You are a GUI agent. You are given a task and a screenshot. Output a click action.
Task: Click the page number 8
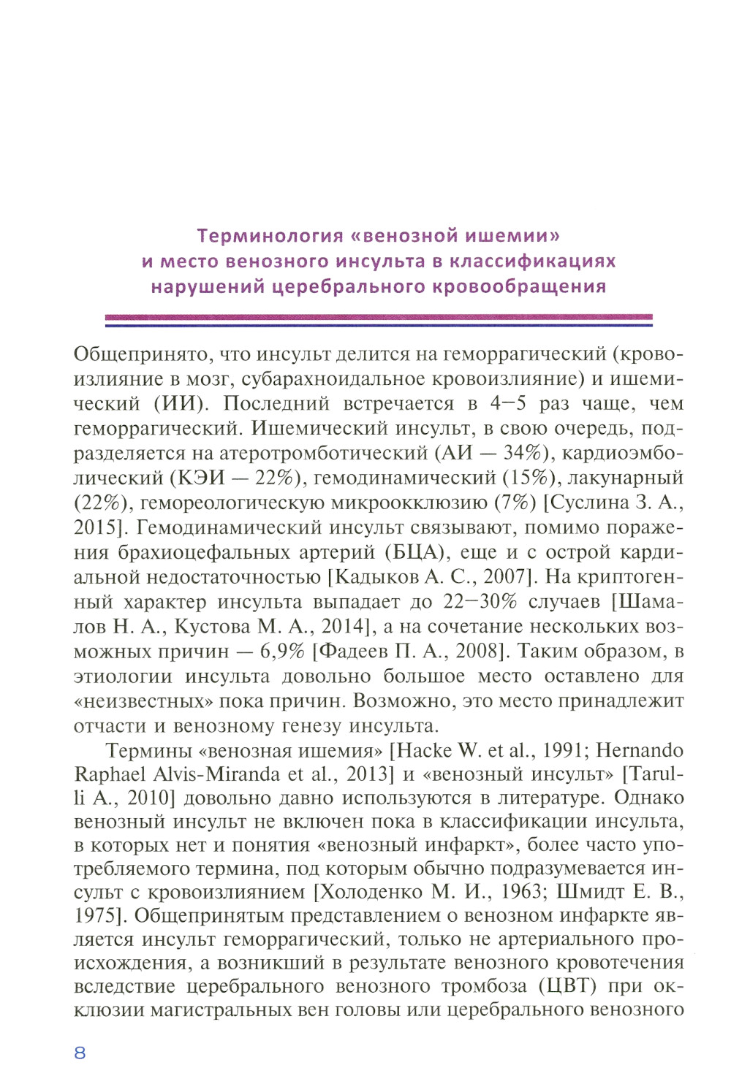coord(80,1052)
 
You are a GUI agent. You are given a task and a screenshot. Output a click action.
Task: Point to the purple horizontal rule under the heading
coord(379,319)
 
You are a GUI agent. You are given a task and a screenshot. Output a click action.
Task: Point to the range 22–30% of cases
coord(481,602)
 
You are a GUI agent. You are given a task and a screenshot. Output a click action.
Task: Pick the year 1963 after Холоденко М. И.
coord(520,892)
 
